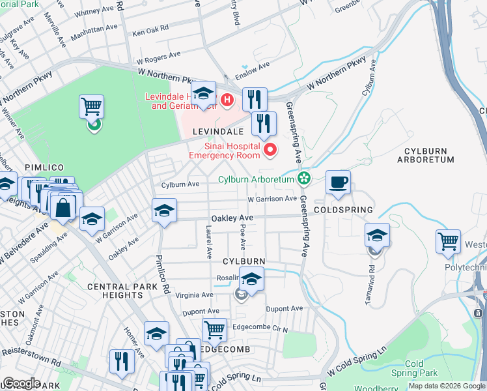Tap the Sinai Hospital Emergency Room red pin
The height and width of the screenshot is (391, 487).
point(269,151)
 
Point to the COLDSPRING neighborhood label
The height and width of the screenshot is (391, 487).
point(343,210)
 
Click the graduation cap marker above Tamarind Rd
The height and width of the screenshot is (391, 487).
point(377,235)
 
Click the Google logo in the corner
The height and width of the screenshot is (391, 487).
point(21,383)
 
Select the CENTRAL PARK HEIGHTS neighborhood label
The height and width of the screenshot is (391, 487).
point(122,291)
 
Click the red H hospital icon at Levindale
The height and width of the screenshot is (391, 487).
point(227,100)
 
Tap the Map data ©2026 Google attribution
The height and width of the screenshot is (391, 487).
point(446,386)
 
